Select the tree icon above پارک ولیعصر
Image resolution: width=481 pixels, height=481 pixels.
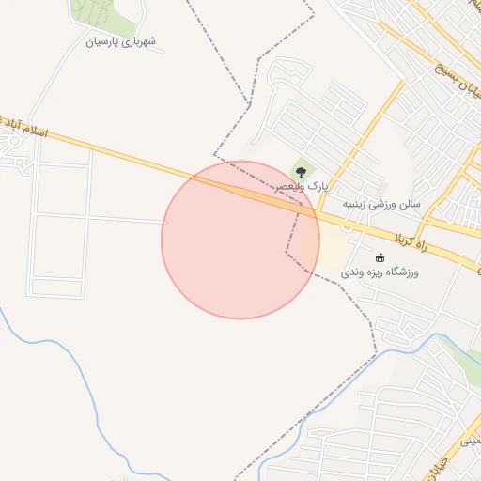[301, 172]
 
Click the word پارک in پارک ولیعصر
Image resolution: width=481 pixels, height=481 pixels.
[318, 188]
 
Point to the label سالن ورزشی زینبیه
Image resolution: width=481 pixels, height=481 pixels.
[380, 203]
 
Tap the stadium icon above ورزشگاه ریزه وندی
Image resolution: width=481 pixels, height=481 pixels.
[380, 257]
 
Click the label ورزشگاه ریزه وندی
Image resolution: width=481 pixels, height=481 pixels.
[379, 272]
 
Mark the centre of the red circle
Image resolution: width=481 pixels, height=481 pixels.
[240, 240]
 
